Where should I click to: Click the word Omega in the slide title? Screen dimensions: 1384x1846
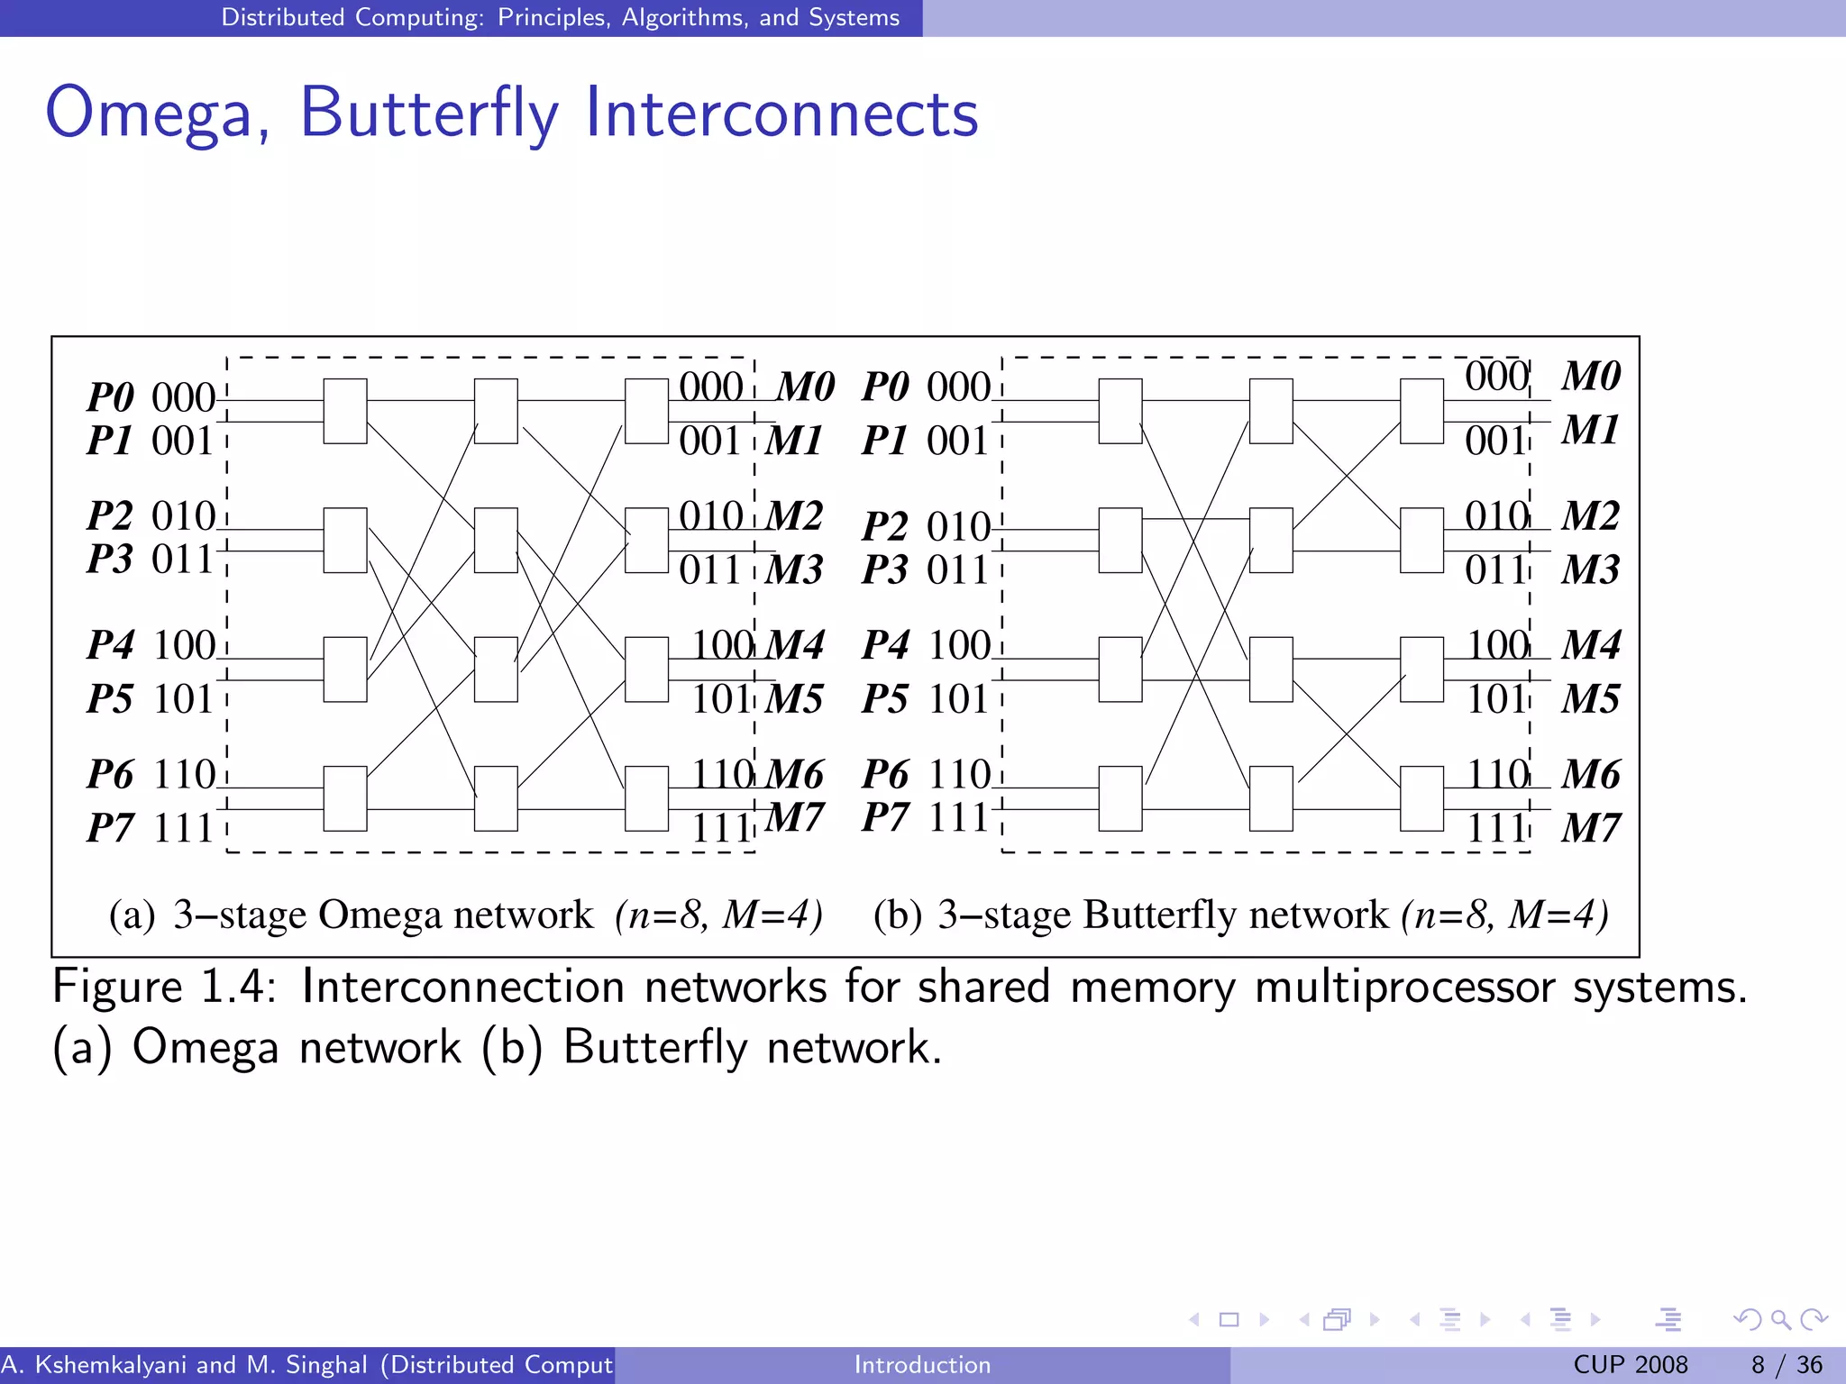[x=149, y=113]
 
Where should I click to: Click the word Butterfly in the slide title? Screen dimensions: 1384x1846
[x=429, y=113]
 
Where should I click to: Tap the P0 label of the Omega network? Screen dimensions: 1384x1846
[x=111, y=397]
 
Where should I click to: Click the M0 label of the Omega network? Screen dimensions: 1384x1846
[x=805, y=387]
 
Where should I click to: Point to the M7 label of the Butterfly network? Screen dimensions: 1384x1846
[x=1590, y=828]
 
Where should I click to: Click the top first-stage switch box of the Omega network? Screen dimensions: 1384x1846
[x=345, y=411]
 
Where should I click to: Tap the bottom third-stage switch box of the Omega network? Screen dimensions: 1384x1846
[x=646, y=798]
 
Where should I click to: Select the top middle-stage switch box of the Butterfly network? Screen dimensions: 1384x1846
[x=1271, y=411]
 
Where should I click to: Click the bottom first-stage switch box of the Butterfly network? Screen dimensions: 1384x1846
[x=1120, y=798]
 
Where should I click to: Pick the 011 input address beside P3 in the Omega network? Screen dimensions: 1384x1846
[x=183, y=560]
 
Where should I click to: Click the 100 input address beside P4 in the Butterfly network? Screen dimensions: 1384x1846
[x=959, y=646]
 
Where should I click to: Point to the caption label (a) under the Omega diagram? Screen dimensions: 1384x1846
[x=132, y=915]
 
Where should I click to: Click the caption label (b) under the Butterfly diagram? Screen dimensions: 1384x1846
[x=897, y=915]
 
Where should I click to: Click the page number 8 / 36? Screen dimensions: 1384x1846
[x=1786, y=1365]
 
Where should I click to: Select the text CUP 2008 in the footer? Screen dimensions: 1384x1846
[x=1630, y=1365]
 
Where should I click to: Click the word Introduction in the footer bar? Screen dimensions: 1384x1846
[x=922, y=1365]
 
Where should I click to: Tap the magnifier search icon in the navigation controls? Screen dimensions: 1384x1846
[x=1780, y=1320]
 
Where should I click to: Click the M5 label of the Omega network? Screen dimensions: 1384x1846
[x=794, y=700]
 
